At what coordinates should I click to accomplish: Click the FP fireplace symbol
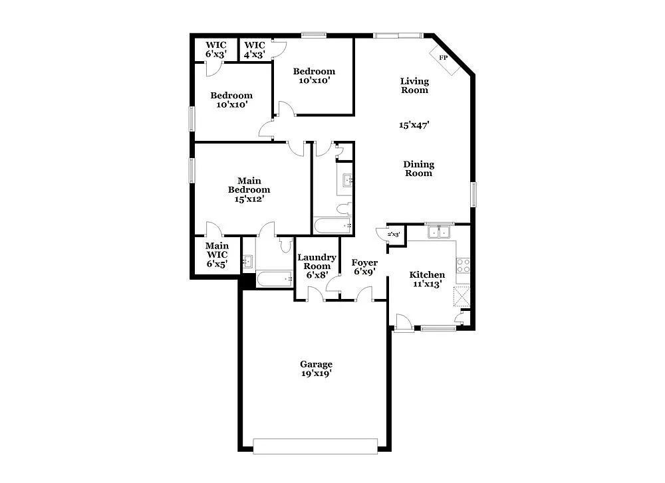[x=442, y=57]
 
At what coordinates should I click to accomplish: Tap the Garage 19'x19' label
[x=316, y=369]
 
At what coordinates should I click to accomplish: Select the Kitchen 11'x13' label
[x=427, y=279]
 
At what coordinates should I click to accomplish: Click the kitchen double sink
[x=438, y=232]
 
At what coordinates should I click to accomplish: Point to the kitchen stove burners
[x=464, y=266]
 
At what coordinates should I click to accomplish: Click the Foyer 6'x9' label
[x=365, y=267]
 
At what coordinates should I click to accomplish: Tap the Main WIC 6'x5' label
[x=217, y=254]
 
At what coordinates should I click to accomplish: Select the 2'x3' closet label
[x=394, y=234]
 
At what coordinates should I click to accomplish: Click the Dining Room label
[x=419, y=169]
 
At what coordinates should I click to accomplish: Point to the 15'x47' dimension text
[x=414, y=124]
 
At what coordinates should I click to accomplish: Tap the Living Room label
[x=414, y=86]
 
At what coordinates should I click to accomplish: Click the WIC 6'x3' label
[x=216, y=50]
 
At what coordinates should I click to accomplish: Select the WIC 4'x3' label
[x=255, y=50]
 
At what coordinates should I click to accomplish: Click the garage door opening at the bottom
[x=316, y=446]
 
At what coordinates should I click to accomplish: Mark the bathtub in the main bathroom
[x=275, y=279]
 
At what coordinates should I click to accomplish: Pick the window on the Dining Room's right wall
[x=474, y=194]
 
